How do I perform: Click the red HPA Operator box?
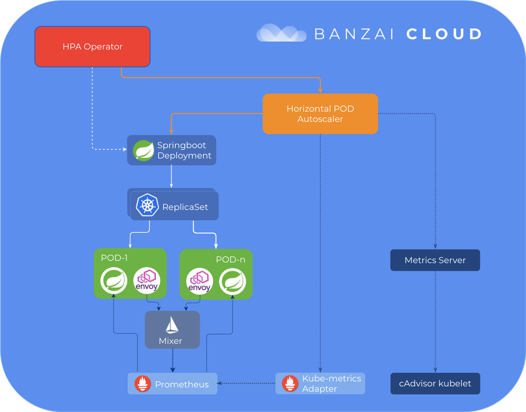(x=93, y=47)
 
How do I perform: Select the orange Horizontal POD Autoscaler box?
(x=320, y=114)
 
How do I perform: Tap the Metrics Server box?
(x=435, y=260)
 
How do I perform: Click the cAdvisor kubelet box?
(x=435, y=384)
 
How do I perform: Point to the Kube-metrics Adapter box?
(x=320, y=384)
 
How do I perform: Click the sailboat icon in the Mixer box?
(x=172, y=326)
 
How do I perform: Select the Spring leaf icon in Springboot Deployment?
(x=143, y=150)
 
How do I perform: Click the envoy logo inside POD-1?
(x=146, y=281)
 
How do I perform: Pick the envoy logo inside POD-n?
(x=199, y=281)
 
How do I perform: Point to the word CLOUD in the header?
(x=444, y=34)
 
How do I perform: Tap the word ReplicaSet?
(x=185, y=207)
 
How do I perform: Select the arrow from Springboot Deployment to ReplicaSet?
(x=172, y=176)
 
